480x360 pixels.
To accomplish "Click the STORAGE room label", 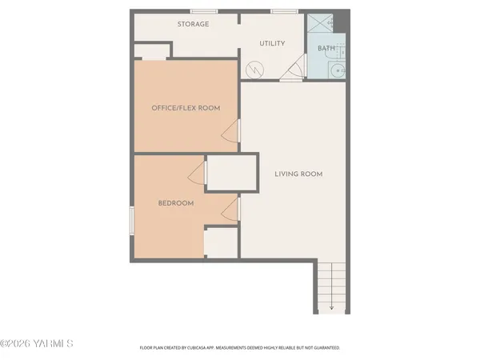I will coord(193,24).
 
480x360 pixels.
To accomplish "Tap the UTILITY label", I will coord(272,43).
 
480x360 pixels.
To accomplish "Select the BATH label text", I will coord(326,48).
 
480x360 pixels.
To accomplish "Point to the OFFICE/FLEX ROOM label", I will coord(186,108).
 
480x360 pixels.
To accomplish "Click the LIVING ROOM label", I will coord(298,174).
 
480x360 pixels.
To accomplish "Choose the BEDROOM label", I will coord(175,203).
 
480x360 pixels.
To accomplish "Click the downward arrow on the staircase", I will coord(331,306).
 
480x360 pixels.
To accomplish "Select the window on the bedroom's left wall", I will coord(131,219).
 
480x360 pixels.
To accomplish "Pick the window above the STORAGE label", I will coord(203,11).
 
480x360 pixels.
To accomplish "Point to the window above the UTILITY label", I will coord(282,11).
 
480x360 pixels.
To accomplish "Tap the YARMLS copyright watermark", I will coord(37,344).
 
